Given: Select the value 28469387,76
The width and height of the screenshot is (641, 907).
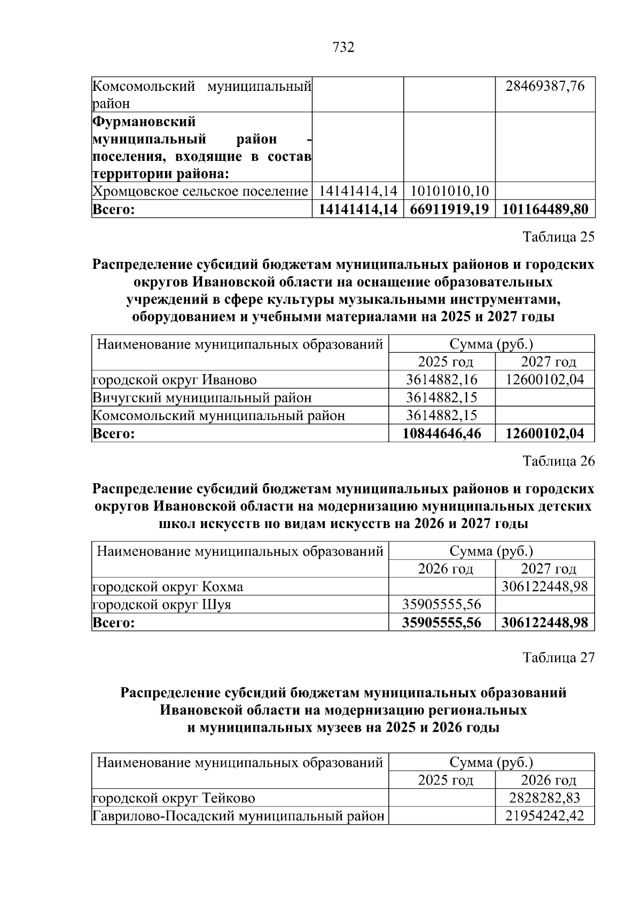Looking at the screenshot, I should coord(545,86).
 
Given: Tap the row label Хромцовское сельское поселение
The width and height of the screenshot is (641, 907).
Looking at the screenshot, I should coord(200,191).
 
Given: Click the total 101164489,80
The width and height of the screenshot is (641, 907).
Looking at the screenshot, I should coord(545,209).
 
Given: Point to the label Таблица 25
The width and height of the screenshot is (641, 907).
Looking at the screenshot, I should coord(558,237).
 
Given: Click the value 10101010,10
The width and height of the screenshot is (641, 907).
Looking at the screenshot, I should coord(449,191).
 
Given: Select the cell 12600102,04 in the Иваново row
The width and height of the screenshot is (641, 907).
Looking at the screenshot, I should coord(545,380).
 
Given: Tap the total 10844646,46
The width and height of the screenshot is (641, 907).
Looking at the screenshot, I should coord(442,433).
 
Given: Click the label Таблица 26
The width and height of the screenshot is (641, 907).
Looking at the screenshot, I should coord(558,461).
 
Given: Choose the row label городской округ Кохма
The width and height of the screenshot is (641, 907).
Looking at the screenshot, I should coord(168,587).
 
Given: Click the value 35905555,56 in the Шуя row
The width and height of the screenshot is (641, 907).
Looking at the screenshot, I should coord(442,604).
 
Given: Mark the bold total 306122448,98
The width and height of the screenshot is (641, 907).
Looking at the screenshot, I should coord(545,623).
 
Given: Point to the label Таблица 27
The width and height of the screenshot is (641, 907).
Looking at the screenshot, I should coord(558,657).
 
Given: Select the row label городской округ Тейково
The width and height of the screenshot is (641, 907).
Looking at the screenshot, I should coord(174,799).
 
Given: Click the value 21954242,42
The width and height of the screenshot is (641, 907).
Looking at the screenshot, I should coord(545,816).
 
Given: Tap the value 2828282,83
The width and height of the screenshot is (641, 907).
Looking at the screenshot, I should coord(545,799).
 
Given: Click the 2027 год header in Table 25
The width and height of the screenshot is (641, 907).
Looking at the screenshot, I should coord(549,362).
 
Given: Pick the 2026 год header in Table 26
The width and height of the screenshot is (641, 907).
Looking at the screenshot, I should coord(445,569).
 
